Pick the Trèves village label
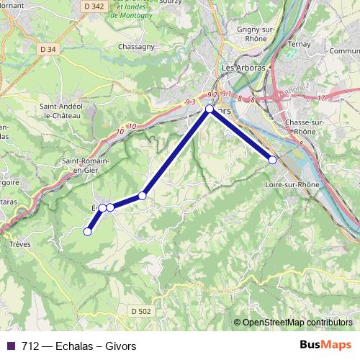pos(19,244)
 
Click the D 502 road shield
pos(142,310)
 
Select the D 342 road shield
pos(95,5)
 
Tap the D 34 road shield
pos(48,49)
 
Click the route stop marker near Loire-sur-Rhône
pos(273,160)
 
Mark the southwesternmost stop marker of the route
pos(88,231)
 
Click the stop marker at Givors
pos(210,109)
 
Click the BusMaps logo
pos(325,345)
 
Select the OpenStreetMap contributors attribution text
pos(297,323)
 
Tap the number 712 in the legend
pos(30,346)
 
